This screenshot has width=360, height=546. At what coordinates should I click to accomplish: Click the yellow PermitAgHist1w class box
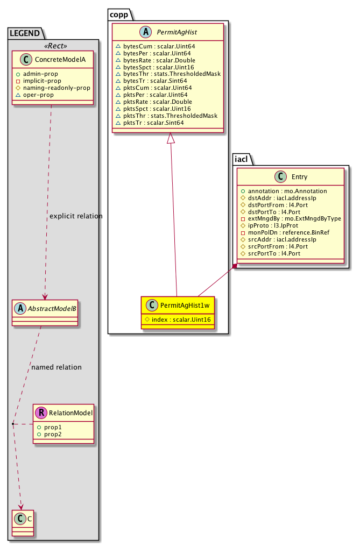[x=178, y=313]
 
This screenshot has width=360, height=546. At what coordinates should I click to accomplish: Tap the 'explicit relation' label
[x=75, y=216]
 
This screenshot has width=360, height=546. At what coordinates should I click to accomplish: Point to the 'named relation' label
[x=57, y=367]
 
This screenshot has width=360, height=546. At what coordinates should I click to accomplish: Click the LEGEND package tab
[x=25, y=33]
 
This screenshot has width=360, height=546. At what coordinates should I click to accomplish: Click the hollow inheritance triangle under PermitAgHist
[x=171, y=139]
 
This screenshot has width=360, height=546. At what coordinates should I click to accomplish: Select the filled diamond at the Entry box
[x=235, y=266]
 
